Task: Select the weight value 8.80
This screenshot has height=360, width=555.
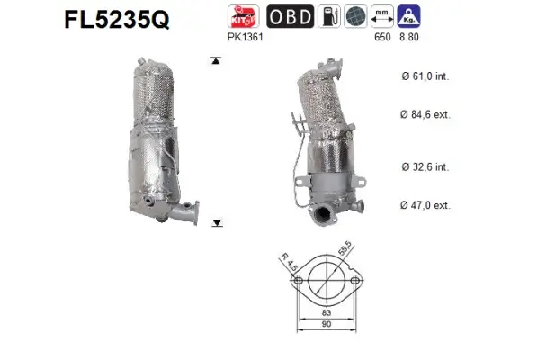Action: [410, 39]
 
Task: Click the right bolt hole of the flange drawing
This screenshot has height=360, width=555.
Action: [356, 282]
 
